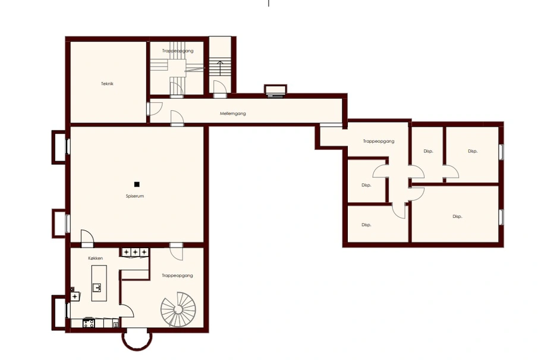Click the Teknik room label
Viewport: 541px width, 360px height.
[x=107, y=84]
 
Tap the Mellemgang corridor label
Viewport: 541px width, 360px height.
[x=233, y=113]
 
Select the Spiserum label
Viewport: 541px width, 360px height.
[x=134, y=196]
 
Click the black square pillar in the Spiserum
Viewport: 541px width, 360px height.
[x=137, y=184]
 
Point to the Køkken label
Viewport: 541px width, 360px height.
[x=95, y=258]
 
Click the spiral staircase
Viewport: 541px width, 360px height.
[x=178, y=309]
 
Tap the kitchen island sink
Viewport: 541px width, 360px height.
[x=97, y=287]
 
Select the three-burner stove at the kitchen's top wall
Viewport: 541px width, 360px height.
[x=135, y=252]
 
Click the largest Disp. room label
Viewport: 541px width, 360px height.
[x=457, y=217]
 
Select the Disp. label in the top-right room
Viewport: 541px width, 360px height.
[x=473, y=151]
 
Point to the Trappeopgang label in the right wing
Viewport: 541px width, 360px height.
[x=379, y=141]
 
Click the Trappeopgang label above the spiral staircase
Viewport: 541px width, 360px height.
[x=177, y=276]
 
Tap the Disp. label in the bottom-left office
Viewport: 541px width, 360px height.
[x=366, y=225]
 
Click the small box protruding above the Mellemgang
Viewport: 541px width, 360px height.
[x=275, y=90]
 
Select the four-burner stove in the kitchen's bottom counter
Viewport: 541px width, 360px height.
[x=89, y=323]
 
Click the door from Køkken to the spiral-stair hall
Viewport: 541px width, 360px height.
[x=127, y=311]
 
